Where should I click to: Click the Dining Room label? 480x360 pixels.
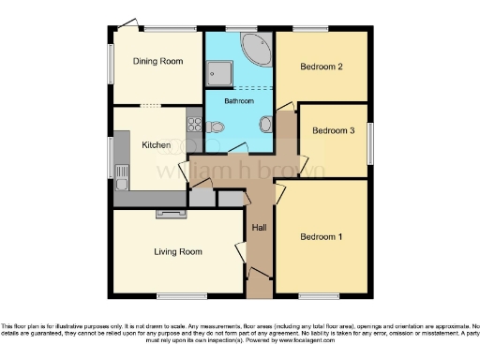(x=156, y=62)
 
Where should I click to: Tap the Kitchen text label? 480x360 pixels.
(x=155, y=145)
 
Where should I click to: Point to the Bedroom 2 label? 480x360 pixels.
(x=320, y=67)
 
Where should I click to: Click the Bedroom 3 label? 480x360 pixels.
(x=333, y=131)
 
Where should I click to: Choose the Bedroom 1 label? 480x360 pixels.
(x=321, y=237)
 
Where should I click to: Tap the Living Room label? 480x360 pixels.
(x=178, y=251)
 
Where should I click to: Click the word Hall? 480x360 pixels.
(x=260, y=228)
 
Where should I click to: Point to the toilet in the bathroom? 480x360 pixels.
(x=217, y=127)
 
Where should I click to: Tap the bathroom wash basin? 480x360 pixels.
(x=266, y=123)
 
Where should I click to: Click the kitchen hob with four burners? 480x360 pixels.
(x=194, y=122)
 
